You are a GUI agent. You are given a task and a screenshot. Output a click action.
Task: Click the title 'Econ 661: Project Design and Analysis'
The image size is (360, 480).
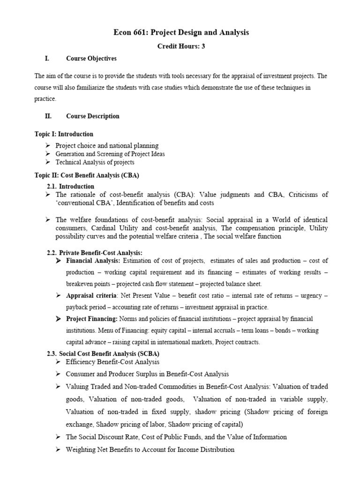click(181, 32)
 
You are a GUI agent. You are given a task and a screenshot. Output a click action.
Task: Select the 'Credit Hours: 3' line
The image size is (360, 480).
click(181, 46)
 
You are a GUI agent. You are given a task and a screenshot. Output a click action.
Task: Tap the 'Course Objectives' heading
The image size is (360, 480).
click(91, 59)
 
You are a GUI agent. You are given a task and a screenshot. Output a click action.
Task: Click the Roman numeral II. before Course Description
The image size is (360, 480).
click(47, 116)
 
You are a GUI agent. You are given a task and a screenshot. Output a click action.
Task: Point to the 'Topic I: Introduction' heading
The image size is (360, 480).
click(64, 134)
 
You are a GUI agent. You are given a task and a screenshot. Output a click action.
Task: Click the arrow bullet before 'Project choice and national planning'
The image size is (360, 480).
click(48, 146)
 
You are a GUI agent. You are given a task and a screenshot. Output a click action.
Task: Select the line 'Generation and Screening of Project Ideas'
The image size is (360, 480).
click(110, 154)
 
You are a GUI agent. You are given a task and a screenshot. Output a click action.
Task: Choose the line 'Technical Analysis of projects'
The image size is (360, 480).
click(95, 162)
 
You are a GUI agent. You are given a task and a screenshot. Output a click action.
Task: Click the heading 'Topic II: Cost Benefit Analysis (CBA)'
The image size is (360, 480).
click(87, 175)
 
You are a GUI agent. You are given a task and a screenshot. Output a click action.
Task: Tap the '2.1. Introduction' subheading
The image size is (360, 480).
click(70, 187)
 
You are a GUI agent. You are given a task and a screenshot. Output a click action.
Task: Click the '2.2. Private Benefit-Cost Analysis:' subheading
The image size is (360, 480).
click(94, 253)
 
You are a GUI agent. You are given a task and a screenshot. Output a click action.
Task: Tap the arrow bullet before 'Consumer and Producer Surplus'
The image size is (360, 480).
click(58, 374)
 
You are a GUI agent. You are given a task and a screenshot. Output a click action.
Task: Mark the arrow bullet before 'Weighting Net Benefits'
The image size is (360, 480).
click(58, 450)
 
